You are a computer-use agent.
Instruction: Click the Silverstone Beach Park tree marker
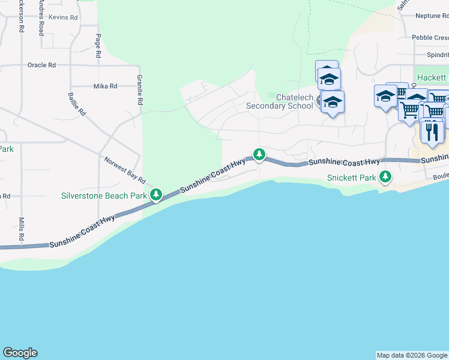(156, 195)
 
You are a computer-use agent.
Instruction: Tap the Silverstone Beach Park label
(104, 196)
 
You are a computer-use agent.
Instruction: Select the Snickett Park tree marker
(385, 178)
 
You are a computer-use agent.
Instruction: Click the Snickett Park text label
(351, 178)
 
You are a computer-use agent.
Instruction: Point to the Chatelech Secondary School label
(279, 101)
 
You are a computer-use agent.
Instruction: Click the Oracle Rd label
(41, 65)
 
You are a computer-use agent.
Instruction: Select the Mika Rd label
(105, 86)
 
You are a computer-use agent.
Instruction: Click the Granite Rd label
(139, 90)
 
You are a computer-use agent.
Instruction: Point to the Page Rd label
(98, 46)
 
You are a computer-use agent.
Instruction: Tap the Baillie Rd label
(77, 104)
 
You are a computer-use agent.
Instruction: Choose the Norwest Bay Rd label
(125, 170)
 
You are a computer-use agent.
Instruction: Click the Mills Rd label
(21, 229)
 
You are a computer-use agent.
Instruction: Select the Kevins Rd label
(63, 18)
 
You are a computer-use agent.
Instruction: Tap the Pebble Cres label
(430, 37)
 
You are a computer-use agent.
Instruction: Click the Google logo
(20, 353)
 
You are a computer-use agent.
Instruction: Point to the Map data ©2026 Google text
(411, 355)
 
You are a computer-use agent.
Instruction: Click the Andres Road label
(41, 17)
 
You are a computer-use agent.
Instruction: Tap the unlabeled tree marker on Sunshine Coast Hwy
(259, 155)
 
